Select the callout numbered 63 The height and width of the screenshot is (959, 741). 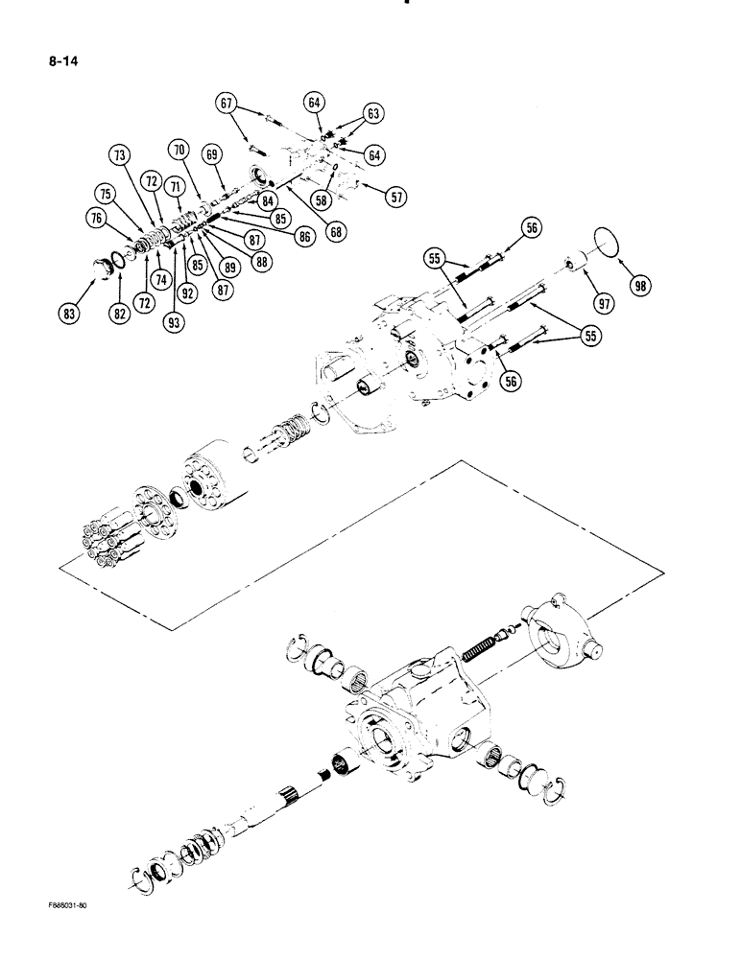[x=373, y=114]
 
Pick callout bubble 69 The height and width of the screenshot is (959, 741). [x=213, y=153]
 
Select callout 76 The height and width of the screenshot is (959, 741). [x=96, y=219]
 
